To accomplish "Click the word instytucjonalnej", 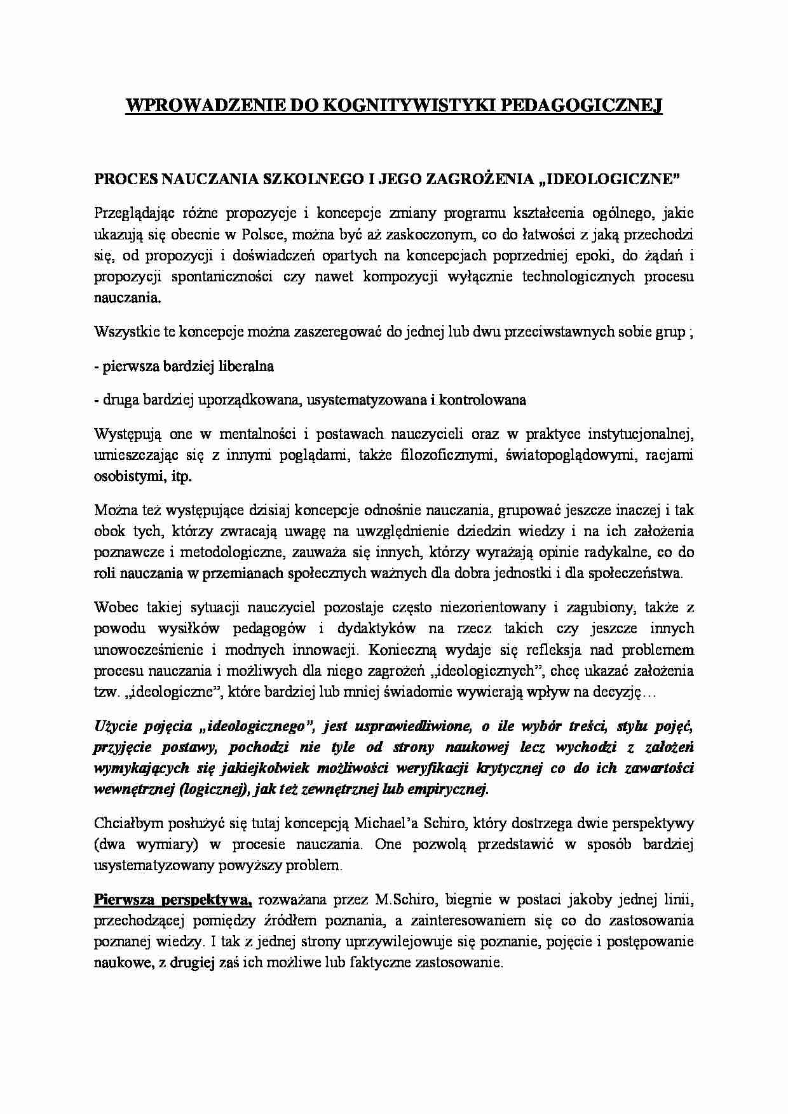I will (x=636, y=434).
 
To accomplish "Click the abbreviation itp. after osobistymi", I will (x=180, y=476).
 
